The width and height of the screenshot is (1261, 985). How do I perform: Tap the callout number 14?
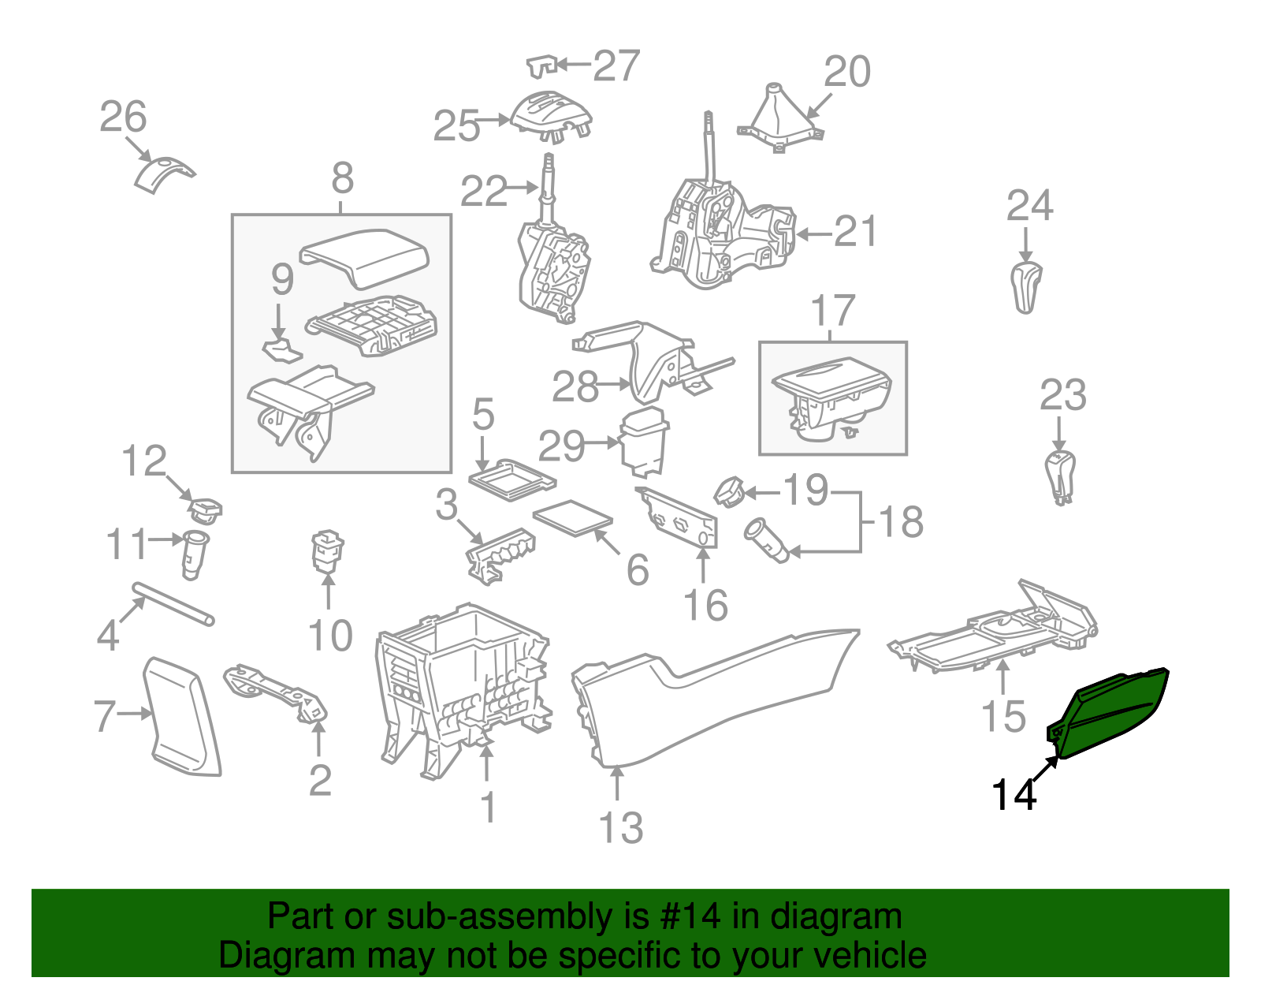(x=1014, y=795)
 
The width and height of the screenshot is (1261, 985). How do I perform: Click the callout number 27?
(x=616, y=65)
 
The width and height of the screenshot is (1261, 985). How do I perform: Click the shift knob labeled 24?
(x=1025, y=289)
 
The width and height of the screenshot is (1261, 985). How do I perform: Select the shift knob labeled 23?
(x=1060, y=476)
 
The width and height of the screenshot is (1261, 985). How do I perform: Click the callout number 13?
(x=621, y=828)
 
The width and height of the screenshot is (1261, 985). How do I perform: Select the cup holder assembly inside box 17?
(x=832, y=399)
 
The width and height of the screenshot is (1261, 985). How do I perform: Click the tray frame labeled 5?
(x=512, y=479)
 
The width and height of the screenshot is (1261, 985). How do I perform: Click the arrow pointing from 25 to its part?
(x=495, y=121)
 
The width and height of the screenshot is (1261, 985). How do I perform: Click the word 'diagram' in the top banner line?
(x=835, y=917)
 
